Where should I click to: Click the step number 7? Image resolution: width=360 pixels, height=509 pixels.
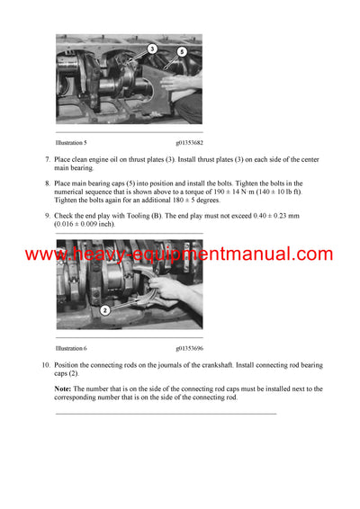pos(47,159)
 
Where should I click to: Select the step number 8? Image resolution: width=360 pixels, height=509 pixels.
pos(47,183)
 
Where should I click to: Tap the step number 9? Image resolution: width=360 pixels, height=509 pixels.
pos(47,216)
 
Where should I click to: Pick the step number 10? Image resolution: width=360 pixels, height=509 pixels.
pos(45,364)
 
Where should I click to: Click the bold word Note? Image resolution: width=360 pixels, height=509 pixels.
pos(65,388)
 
